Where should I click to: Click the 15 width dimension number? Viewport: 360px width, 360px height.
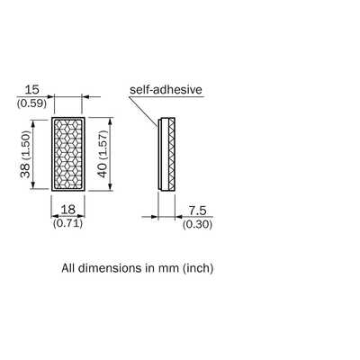pyautogui.click(x=31, y=90)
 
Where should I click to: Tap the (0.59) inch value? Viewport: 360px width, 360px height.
pyautogui.click(x=31, y=103)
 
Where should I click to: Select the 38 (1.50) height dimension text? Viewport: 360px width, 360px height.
pyautogui.click(x=26, y=154)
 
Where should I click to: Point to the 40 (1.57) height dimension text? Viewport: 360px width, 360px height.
pyautogui.click(x=103, y=154)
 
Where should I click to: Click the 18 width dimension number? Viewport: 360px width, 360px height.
pyautogui.click(x=68, y=210)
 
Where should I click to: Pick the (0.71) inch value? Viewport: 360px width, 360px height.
pyautogui.click(x=68, y=223)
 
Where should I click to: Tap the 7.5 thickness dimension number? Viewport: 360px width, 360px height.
pyautogui.click(x=197, y=211)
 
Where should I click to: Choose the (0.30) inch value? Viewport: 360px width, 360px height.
pyautogui.click(x=197, y=224)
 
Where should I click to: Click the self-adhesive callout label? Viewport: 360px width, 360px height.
pyautogui.click(x=166, y=90)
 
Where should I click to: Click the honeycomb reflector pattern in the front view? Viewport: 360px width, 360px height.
pyautogui.click(x=68, y=154)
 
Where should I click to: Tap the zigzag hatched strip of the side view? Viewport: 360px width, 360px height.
pyautogui.click(x=171, y=154)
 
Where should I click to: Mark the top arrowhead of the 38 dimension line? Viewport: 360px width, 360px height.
pyautogui.click(x=33, y=122)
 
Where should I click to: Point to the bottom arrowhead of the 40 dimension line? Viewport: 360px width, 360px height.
pyautogui.click(x=111, y=186)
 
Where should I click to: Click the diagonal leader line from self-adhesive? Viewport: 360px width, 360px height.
pyautogui.click(x=143, y=112)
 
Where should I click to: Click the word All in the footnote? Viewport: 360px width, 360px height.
pyautogui.click(x=68, y=268)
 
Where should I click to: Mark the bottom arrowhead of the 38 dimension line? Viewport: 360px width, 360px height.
pyautogui.click(x=33, y=185)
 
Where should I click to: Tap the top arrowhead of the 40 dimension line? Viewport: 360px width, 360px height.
pyautogui.click(x=111, y=121)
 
